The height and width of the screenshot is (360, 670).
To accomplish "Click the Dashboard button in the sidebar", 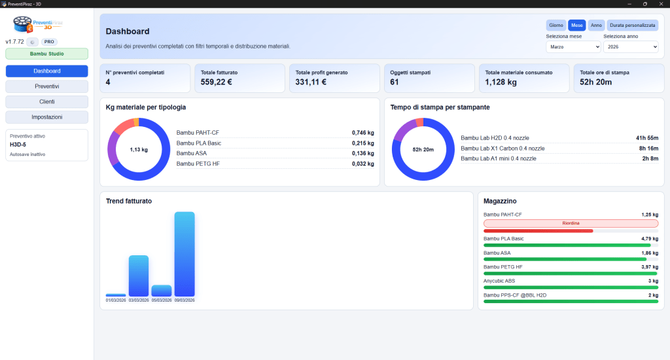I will point(46,71).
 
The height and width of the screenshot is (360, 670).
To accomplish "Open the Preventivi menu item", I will point(46,86).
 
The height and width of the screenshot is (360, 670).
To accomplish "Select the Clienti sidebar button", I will point(46,101).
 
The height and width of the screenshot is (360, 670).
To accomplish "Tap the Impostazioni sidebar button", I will point(46,117).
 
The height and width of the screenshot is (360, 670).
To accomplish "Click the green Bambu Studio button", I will point(46,54).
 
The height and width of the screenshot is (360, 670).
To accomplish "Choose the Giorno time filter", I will point(556,25).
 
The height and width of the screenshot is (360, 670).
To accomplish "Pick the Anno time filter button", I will point(596,25).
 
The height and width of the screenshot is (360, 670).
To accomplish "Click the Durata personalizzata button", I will point(632,25).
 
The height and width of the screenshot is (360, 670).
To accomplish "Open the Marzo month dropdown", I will point(573,46).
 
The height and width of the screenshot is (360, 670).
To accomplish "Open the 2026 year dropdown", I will point(630,46).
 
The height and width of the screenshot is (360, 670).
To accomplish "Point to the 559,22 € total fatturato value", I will point(217,82).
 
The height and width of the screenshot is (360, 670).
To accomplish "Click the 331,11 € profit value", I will point(311,82).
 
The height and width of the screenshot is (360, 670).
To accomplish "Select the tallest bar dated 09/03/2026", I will point(185,254).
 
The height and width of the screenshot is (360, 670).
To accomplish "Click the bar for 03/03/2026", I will point(139,276).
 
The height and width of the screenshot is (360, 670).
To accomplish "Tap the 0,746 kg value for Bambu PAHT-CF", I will point(362,133).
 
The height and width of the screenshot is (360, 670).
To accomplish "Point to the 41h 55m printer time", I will point(646,138).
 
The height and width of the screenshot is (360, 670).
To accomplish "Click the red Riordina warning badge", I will point(571,223).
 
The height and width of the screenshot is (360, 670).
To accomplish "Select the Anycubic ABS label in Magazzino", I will point(499,281).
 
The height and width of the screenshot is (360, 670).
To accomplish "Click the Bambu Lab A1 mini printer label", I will point(499,158).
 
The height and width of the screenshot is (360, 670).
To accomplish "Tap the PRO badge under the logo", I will point(49,42).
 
